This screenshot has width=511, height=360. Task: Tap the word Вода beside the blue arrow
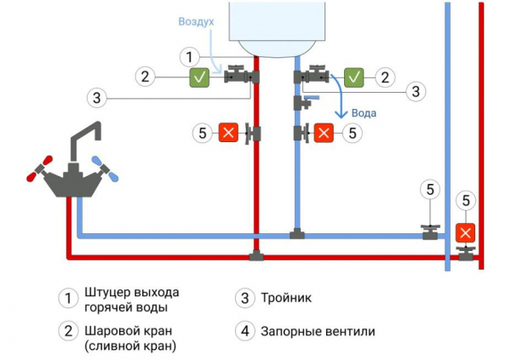364,113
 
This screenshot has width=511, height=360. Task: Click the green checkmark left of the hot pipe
200,77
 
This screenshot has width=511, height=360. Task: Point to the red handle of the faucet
34,171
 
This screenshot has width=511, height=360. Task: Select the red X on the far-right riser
465,231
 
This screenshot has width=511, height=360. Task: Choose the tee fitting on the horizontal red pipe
255,254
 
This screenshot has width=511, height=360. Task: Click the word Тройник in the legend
284,299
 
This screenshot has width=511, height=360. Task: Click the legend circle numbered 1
67,299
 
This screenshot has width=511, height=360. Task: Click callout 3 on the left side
98,98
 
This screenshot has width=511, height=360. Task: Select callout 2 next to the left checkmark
146,77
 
